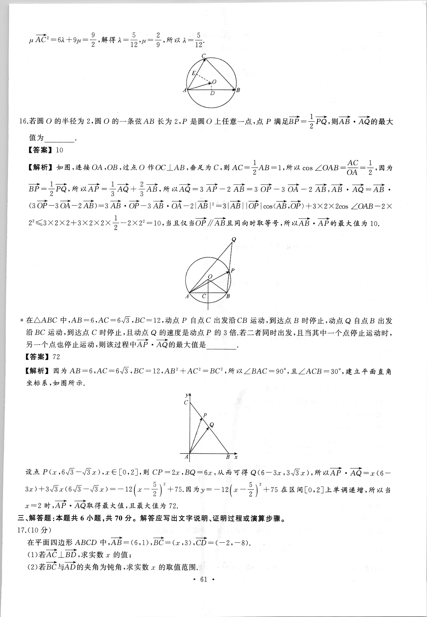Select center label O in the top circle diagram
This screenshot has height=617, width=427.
coord(214,82)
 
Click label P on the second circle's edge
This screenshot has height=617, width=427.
coord(232,270)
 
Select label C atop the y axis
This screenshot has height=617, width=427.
coord(186,402)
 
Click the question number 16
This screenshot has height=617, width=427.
coord(23,121)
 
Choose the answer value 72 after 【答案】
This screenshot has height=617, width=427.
coord(56,357)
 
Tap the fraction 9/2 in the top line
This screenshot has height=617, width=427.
coord(93,40)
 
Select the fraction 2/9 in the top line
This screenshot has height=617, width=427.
coord(158,40)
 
